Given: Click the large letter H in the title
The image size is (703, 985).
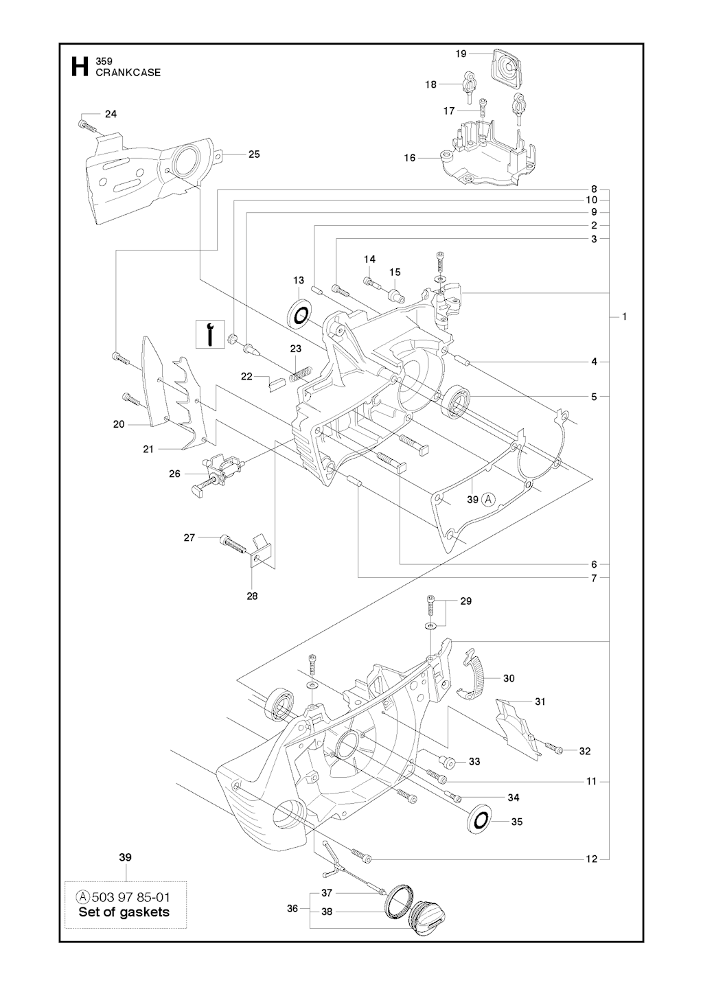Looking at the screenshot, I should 79,67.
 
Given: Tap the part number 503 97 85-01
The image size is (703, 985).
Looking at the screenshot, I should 130,897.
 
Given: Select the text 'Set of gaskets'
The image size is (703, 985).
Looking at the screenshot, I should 124,912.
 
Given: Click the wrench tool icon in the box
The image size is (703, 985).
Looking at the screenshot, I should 211,334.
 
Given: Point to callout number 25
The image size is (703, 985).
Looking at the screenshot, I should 254,154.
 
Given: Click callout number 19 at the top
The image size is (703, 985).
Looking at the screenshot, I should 461,53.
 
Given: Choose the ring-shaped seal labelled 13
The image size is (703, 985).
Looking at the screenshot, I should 299,314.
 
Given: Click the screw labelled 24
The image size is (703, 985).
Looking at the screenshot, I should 84,126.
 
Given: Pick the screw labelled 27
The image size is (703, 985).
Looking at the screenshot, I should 234,543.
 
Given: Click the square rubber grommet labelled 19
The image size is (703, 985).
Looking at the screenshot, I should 507,69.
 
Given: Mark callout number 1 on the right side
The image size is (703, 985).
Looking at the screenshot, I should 624,316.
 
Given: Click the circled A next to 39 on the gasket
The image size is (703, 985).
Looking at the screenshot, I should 489,500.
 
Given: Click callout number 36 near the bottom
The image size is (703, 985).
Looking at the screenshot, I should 292,908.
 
